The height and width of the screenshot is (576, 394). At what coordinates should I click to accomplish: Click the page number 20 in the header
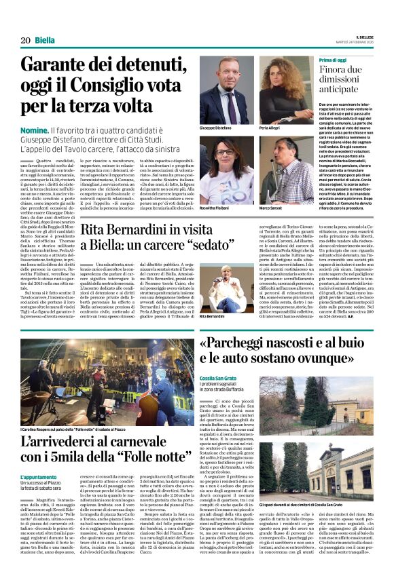click(x=25, y=40)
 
